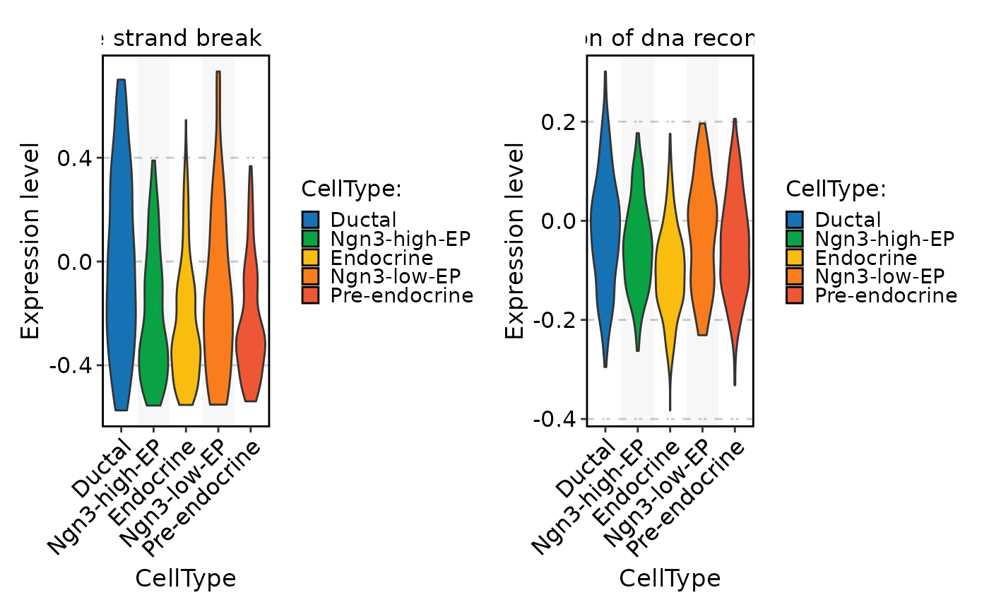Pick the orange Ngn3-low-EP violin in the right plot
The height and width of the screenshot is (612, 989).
click(x=702, y=233)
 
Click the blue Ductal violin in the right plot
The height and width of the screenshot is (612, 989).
click(x=605, y=226)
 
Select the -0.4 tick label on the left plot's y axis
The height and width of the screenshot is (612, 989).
click(x=71, y=365)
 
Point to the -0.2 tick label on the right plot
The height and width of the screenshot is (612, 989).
click(x=555, y=320)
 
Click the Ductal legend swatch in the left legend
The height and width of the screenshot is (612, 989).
click(x=310, y=220)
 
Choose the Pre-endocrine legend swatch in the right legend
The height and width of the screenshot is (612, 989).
click(x=795, y=295)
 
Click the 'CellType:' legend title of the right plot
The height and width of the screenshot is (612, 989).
click(x=836, y=189)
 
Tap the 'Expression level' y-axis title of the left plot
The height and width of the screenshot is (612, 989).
click(x=30, y=240)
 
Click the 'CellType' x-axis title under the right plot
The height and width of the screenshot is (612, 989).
click(x=670, y=579)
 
